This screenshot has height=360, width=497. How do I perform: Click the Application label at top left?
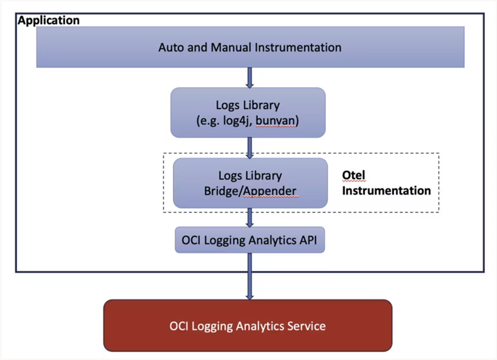(49, 20)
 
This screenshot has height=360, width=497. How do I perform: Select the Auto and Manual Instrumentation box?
(250, 47)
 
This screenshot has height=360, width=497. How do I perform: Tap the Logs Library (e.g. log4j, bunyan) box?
(248, 112)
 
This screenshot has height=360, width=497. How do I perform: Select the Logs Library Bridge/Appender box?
(250, 183)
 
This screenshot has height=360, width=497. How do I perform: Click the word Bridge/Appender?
(250, 190)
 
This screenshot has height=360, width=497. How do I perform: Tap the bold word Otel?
(353, 175)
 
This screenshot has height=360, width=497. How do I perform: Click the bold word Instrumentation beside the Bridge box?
(386, 190)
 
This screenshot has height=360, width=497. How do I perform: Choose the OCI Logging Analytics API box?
(250, 240)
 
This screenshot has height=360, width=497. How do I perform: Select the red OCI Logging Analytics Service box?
(248, 325)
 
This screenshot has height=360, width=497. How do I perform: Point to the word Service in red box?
(305, 326)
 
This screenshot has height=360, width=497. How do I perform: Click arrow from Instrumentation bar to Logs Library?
(250, 77)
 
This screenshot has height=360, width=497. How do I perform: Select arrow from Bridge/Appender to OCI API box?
(250, 218)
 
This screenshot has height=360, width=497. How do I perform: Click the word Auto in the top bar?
(170, 47)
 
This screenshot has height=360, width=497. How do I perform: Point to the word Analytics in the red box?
(259, 326)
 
